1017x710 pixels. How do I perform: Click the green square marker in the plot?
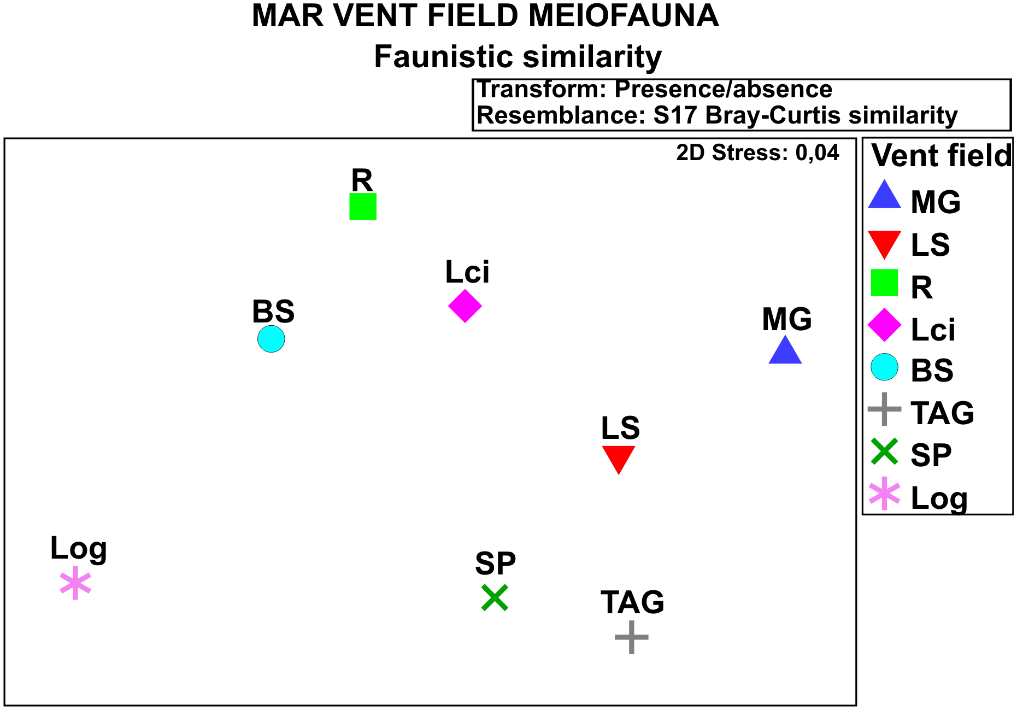(x=363, y=207)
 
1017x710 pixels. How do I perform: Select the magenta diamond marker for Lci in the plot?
(x=465, y=306)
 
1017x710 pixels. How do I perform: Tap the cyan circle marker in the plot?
(x=271, y=339)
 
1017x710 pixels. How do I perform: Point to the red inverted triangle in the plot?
(x=619, y=457)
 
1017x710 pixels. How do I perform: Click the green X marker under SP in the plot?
(x=495, y=597)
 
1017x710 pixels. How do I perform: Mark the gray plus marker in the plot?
(x=632, y=637)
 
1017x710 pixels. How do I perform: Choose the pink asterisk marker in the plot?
(x=75, y=583)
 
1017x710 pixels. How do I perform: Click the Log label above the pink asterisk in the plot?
(x=78, y=549)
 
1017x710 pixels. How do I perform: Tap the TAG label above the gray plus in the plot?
(x=632, y=602)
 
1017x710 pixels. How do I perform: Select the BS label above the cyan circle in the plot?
(x=273, y=312)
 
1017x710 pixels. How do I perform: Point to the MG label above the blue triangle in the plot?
(x=787, y=319)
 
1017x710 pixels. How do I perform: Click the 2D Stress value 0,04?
(x=817, y=152)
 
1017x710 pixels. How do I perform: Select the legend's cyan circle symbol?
(x=884, y=367)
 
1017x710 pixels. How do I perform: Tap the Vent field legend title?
(x=941, y=156)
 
